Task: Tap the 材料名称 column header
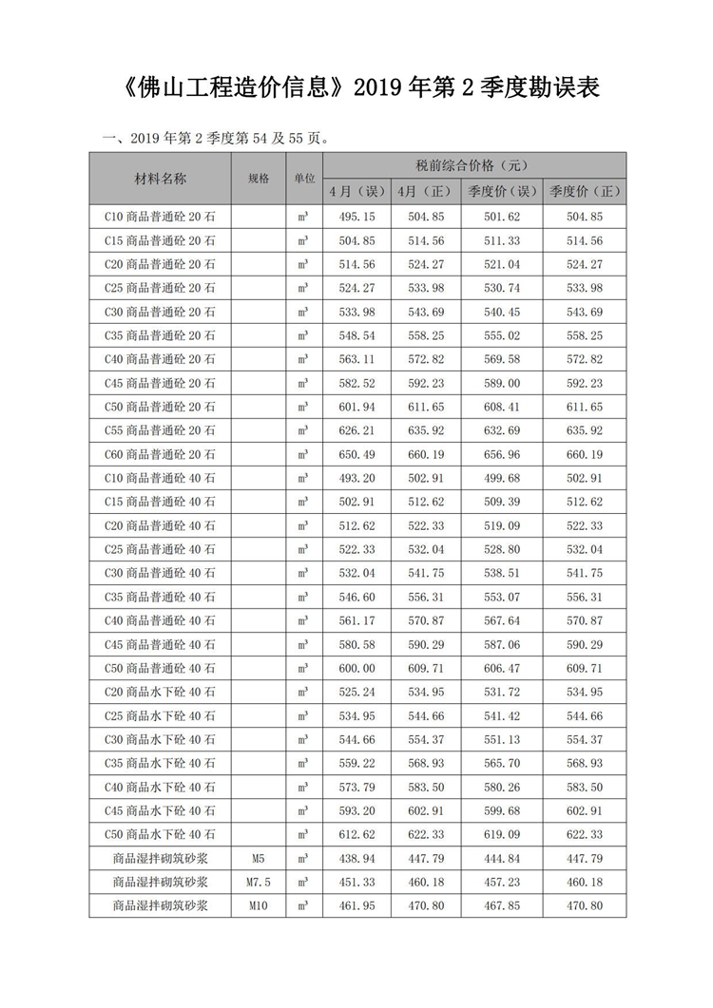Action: pos(160,178)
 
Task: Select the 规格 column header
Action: pos(258,178)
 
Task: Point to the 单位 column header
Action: pos(303,178)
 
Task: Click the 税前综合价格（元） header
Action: pos(472,165)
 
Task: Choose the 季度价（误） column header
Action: pos(502,191)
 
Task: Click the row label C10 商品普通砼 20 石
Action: pos(160,217)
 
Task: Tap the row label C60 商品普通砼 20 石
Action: pos(160,454)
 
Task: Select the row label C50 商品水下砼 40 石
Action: pos(160,834)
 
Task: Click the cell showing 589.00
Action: pos(502,383)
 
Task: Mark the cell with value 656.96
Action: pos(502,454)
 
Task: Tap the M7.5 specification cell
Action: pos(258,882)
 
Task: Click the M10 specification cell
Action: pos(258,905)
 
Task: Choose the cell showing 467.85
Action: pos(502,905)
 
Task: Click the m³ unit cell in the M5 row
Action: pos(303,858)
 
